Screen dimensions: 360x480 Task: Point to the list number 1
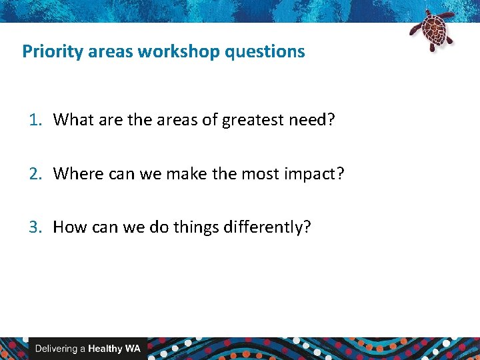pyautogui.click(x=35, y=120)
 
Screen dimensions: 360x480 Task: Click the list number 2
pyautogui.click(x=35, y=173)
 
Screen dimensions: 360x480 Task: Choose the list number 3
pyautogui.click(x=35, y=227)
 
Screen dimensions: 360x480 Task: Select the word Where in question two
pyautogui.click(x=75, y=173)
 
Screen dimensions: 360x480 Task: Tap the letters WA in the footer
pyautogui.click(x=133, y=349)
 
